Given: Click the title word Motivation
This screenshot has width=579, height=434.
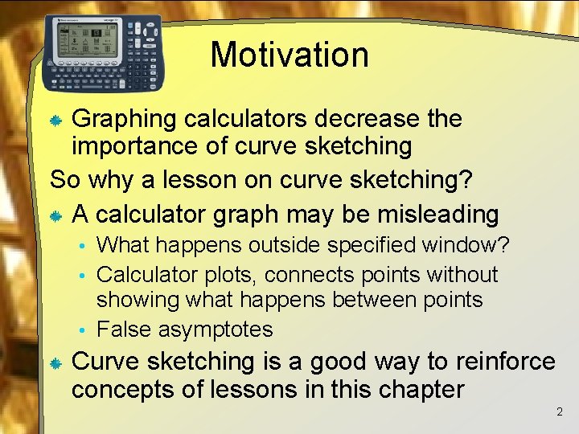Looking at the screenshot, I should [x=289, y=55].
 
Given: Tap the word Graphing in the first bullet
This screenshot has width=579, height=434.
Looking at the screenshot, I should [x=124, y=119].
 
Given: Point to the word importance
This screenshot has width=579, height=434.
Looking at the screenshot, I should [x=132, y=146].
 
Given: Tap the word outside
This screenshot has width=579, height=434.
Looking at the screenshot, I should [x=285, y=244].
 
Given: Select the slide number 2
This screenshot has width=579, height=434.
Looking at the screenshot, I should [x=560, y=412].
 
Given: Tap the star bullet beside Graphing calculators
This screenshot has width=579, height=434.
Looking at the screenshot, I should [x=56, y=121].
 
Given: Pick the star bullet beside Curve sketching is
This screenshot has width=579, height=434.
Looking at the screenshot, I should [x=56, y=363].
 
